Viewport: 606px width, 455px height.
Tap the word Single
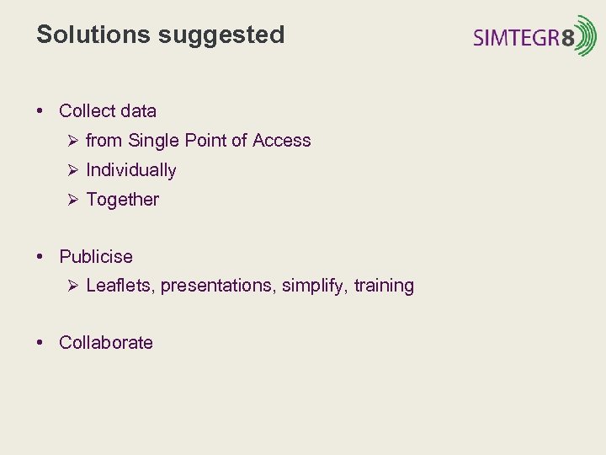151,141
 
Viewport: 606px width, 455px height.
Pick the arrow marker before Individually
72,170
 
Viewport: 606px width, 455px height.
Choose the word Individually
131,170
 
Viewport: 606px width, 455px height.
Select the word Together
122,200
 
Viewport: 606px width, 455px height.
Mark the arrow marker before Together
72,200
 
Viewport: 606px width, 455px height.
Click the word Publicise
96,256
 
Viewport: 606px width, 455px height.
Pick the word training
384,286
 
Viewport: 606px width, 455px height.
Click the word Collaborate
106,343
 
